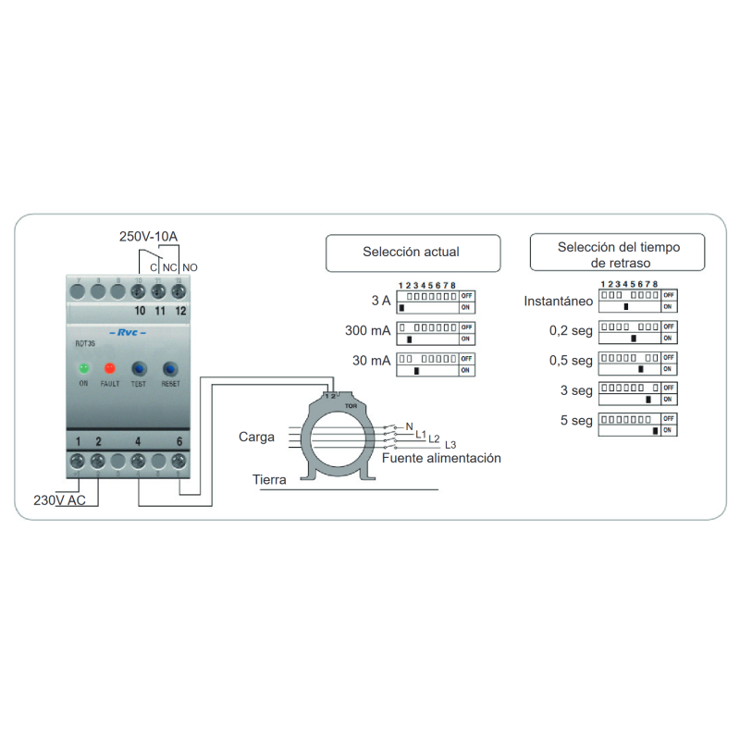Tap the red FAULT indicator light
pos(109,368)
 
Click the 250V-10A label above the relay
pos(148,237)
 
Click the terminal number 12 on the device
pos(180,311)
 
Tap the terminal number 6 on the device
pos(179,441)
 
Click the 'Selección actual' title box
pos(412,252)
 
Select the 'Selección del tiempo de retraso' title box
pos(617,253)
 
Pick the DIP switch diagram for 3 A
pos(436,301)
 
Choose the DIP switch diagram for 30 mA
pos(436,364)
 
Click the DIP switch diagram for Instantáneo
pos(638,300)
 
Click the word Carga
pos(256,436)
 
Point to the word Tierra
pos(269,480)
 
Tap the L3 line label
pos(450,445)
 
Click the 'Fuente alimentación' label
pos(441,458)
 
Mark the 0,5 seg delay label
pos(570,361)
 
